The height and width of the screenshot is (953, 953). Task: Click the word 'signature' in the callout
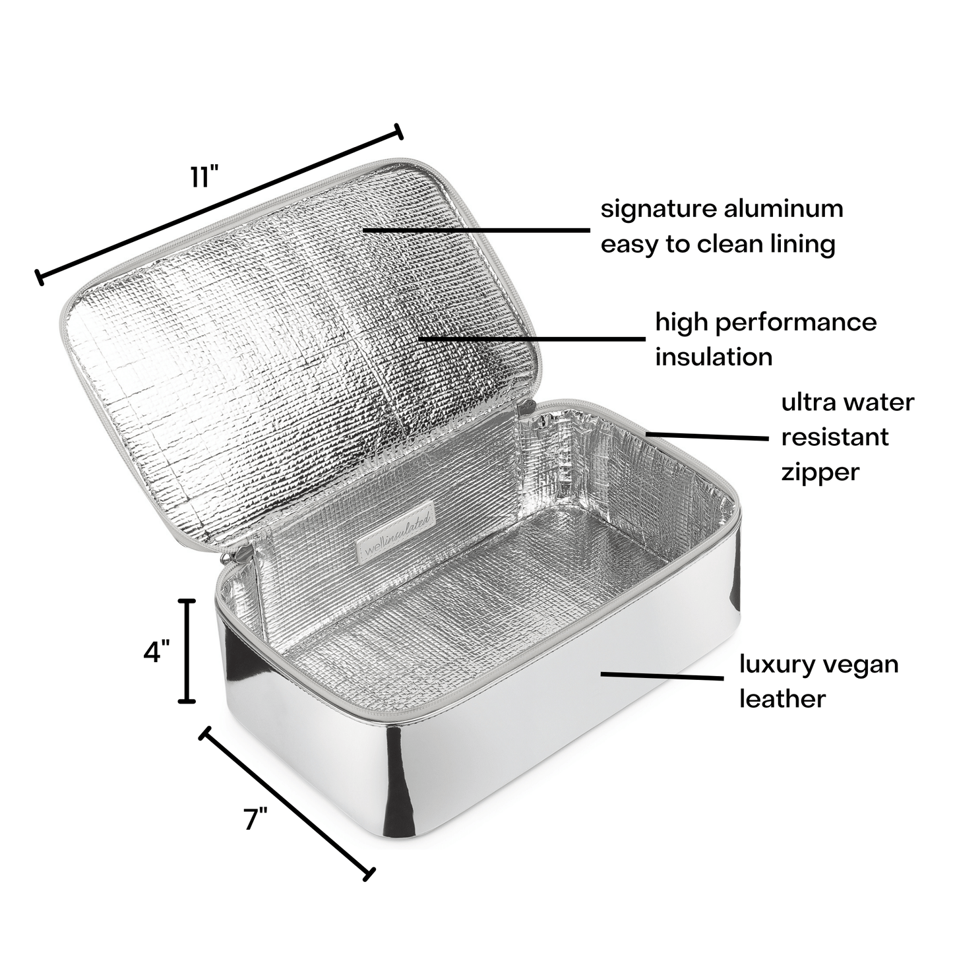click(x=656, y=210)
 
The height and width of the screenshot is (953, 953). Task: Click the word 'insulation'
click(x=714, y=357)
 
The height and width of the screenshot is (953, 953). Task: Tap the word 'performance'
click(x=796, y=324)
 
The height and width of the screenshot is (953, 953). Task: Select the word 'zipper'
click(x=820, y=474)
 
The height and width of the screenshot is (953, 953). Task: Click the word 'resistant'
click(x=835, y=437)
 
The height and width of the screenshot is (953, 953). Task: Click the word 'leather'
click(x=782, y=699)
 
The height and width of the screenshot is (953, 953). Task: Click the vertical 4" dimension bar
click(x=187, y=650)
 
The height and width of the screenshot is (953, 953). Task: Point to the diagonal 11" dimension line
click(x=220, y=204)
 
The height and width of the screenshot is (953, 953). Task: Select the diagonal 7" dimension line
click(x=287, y=805)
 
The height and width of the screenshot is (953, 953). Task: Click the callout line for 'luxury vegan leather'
click(x=662, y=675)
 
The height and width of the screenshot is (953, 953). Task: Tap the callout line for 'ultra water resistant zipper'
click(x=707, y=436)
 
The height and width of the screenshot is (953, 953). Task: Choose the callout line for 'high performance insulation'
click(x=532, y=339)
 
